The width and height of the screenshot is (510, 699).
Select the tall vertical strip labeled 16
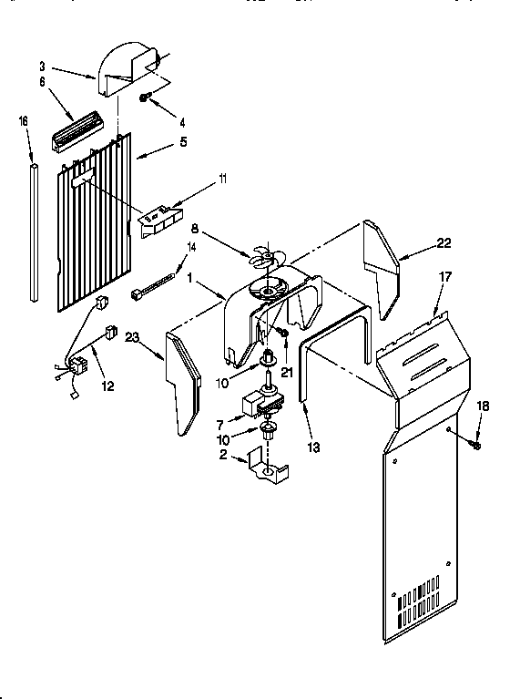(34, 232)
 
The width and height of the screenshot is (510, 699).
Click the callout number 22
(444, 242)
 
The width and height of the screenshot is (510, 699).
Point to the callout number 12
(107, 386)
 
